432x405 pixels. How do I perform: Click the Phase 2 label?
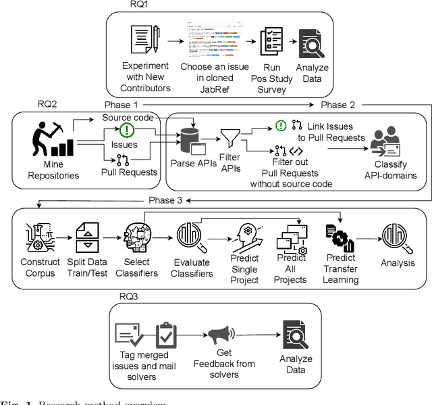point(338,105)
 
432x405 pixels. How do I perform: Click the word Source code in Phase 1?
point(126,118)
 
